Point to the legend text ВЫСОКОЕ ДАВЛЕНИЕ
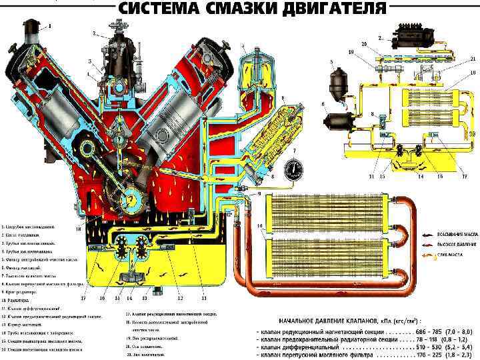pos(454,244)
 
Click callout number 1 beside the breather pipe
pos(48,26)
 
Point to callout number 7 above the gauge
pos(293,151)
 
